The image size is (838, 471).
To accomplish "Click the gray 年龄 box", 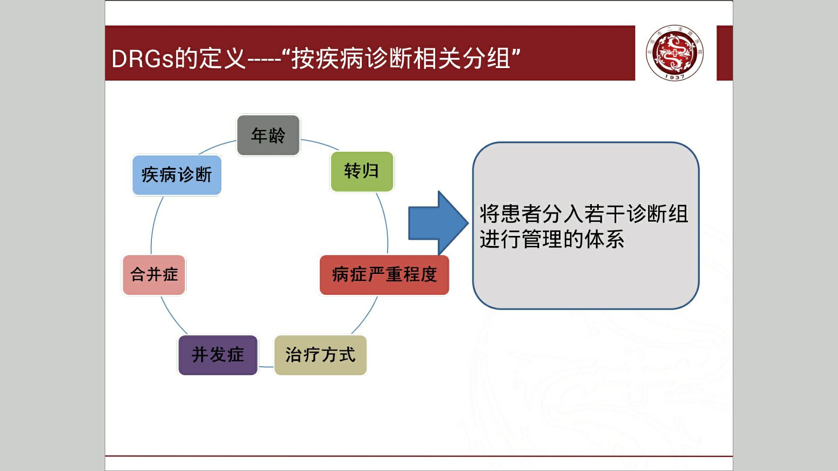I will (x=268, y=135).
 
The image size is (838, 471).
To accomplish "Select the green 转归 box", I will (x=362, y=171).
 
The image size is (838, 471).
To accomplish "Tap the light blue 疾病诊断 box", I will (x=177, y=175).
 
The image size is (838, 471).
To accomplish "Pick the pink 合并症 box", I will (x=154, y=275).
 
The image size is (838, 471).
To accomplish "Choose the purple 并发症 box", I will (x=218, y=355).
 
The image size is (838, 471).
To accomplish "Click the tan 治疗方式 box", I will (x=320, y=355).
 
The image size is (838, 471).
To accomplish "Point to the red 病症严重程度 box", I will (x=384, y=275).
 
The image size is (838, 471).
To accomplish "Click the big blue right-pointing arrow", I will (x=436, y=223).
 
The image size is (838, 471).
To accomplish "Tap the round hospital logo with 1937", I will (x=675, y=52).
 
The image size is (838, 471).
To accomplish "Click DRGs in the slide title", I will (x=142, y=58).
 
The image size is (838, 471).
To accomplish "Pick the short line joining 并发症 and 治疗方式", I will (x=266, y=367).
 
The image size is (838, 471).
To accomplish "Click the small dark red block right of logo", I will (x=725, y=53).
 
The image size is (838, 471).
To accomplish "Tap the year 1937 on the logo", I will (x=675, y=77).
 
